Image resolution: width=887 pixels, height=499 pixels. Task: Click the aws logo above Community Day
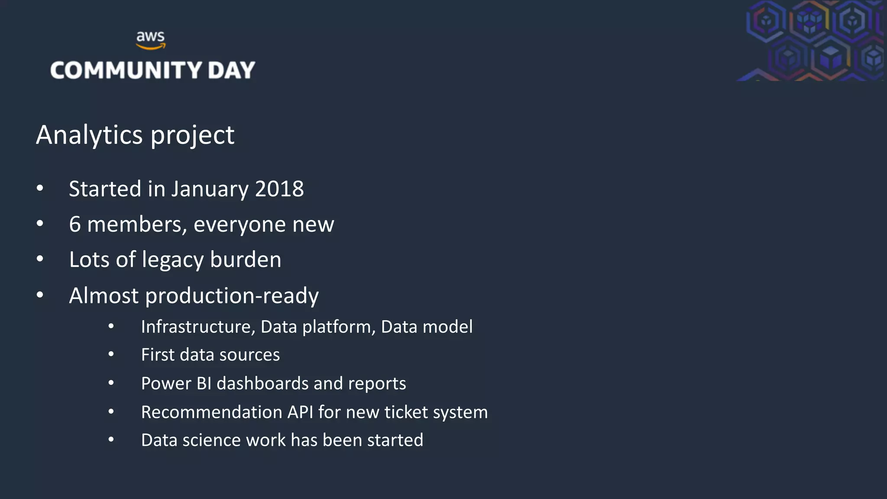click(150, 39)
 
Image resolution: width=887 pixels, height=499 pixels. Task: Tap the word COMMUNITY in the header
click(126, 70)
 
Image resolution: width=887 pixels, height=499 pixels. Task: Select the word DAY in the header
click(231, 70)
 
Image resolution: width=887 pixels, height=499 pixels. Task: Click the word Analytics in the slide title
click(89, 135)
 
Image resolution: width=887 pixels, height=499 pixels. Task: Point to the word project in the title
click(192, 136)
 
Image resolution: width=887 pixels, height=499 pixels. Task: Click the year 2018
click(279, 189)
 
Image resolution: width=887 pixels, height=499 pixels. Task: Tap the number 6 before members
click(75, 224)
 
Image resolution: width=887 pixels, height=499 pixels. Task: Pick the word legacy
click(173, 260)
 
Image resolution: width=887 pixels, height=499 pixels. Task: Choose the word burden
click(246, 259)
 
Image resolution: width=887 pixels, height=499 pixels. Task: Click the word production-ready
click(232, 296)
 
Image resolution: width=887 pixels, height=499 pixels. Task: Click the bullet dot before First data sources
click(111, 355)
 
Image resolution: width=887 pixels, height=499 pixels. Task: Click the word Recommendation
click(211, 412)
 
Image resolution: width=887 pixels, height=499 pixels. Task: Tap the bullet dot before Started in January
click(40, 188)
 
